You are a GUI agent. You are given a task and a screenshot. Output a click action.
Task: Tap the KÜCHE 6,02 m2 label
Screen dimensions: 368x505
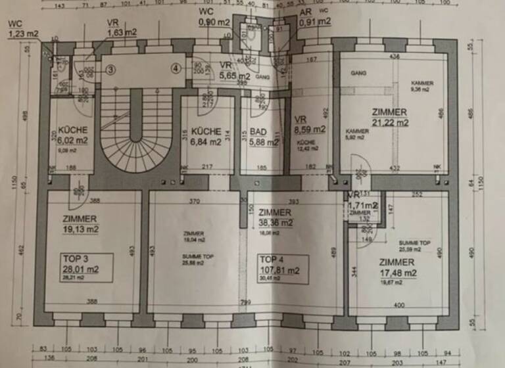[73, 135]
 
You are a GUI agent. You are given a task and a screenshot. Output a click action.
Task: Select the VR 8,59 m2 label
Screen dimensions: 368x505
[310, 125]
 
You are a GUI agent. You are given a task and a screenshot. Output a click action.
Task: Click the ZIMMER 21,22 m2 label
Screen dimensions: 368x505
[389, 116]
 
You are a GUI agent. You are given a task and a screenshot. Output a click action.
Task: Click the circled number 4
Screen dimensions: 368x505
[176, 68]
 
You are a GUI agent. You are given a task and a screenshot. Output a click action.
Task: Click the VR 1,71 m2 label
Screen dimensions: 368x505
[362, 201]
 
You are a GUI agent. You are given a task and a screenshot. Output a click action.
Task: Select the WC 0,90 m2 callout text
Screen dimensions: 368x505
[213, 16]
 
